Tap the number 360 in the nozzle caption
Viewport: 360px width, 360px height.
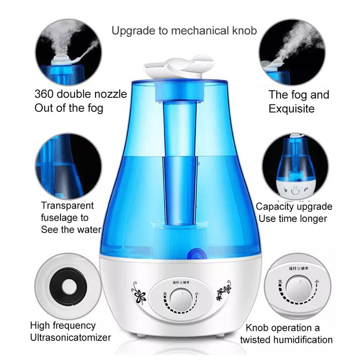[45, 94]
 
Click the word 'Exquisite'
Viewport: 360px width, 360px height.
[292, 108]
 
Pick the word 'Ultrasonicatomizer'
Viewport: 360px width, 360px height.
[71, 338]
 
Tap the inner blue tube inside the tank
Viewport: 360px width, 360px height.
[179, 162]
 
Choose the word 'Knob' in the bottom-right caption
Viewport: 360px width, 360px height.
[257, 328]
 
